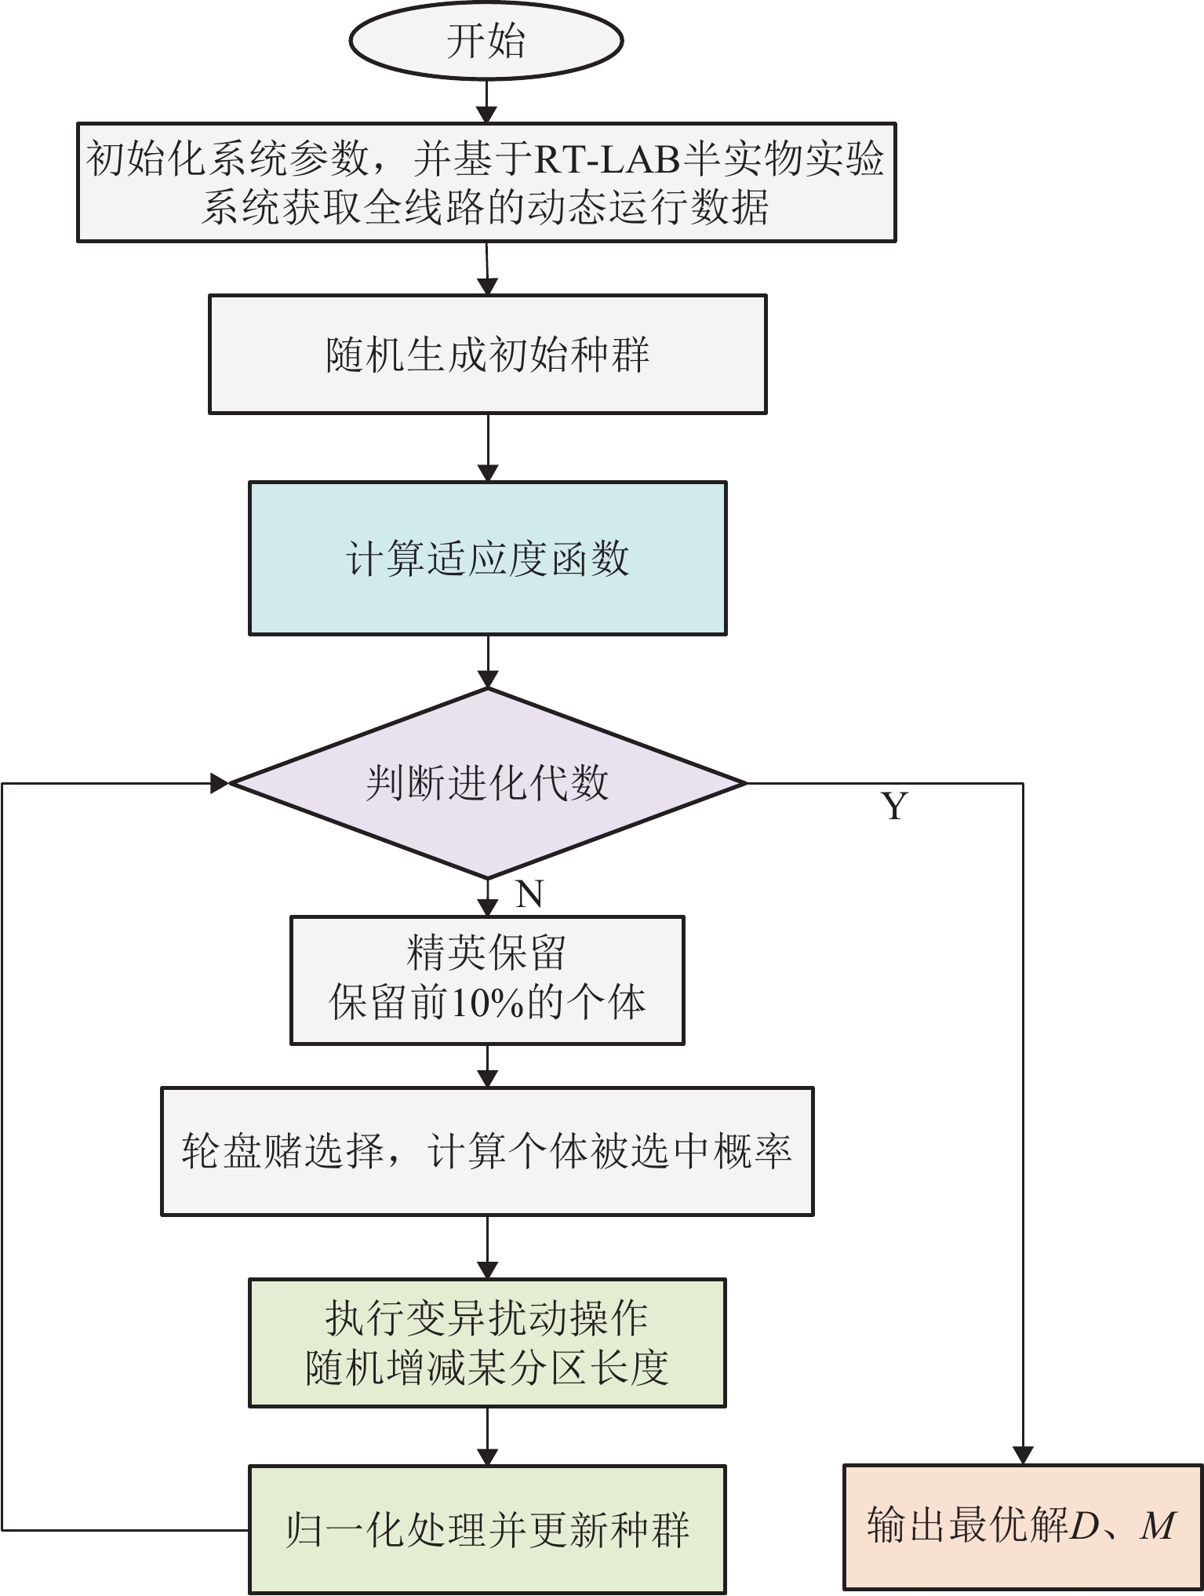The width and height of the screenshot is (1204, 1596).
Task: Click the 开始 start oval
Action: point(486,41)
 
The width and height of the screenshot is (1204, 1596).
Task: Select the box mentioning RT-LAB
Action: point(486,182)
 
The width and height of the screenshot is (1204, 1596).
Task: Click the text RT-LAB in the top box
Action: point(608,159)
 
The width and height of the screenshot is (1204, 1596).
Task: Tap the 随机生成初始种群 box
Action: point(487,355)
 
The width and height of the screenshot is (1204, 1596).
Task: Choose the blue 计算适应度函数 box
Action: point(487,559)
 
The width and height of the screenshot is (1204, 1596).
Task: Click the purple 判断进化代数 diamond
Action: point(487,783)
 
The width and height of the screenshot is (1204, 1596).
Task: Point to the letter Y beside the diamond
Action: point(894,807)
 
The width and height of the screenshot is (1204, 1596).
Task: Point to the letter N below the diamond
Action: point(529,895)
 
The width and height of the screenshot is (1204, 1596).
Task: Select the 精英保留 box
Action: point(487,980)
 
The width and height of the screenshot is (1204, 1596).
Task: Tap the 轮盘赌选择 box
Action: point(487,1151)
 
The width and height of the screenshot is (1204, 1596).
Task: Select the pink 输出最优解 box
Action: point(1023,1526)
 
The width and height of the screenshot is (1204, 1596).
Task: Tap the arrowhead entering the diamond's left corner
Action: point(220,783)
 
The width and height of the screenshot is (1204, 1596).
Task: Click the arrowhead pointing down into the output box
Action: point(1023,1455)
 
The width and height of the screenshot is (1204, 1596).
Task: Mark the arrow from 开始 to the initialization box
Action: point(487,100)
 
